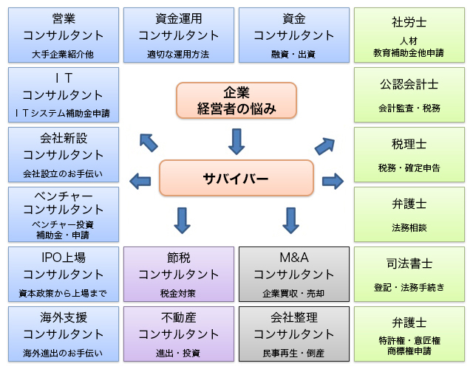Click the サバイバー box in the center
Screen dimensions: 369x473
point(236,179)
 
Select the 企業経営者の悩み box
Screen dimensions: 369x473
point(236,100)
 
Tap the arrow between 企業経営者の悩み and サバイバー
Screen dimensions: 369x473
point(236,140)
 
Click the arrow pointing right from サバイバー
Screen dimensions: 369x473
point(333,179)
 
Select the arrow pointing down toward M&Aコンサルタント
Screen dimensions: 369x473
point(290,219)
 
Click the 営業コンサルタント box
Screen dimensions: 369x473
point(64,35)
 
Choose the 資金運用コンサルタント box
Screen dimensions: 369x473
point(179,35)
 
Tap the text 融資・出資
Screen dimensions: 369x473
point(294,54)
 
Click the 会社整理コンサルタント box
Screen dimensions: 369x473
point(294,334)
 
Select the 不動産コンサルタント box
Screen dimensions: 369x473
point(179,334)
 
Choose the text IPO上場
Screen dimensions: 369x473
point(64,258)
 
